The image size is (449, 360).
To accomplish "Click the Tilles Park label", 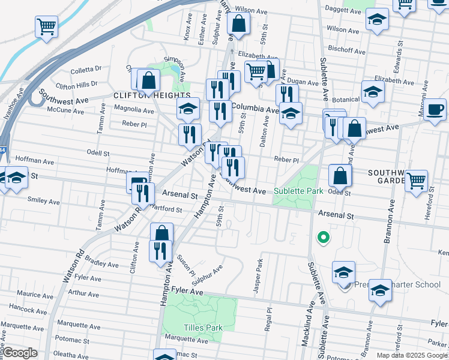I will [203, 328].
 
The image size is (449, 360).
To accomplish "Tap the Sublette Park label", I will [299, 191].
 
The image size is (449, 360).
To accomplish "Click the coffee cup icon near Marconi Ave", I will [435, 109].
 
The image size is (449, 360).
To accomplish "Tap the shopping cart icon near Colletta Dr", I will [46, 27].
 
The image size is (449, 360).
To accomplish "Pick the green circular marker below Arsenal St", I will [324, 238].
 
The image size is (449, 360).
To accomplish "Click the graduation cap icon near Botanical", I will [373, 92].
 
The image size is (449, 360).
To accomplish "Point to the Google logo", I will [20, 353].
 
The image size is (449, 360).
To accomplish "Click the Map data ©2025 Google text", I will [412, 355].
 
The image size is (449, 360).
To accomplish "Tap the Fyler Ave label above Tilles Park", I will [187, 290].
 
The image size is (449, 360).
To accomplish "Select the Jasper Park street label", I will [258, 276].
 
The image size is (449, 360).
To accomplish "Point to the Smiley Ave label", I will [44, 202].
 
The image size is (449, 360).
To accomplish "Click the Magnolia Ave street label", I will [134, 110].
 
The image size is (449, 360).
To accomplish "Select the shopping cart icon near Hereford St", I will [416, 180].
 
